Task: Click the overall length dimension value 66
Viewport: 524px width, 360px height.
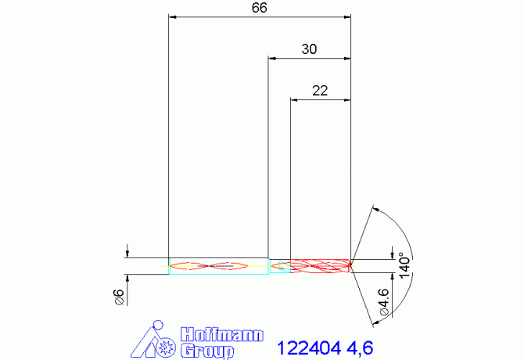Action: point(259,8)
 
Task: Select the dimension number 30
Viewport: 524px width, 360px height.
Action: point(309,49)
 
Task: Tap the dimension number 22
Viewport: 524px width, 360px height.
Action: point(319,90)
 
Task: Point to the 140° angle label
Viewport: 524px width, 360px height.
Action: point(404,262)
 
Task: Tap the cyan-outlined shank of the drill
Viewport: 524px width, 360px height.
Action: point(218,266)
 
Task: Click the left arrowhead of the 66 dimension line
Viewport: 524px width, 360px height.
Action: point(173,16)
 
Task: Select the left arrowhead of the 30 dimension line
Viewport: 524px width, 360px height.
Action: point(271,58)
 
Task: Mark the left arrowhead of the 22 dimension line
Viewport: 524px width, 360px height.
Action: point(293,99)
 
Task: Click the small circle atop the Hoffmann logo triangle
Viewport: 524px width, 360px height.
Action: point(159,325)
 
